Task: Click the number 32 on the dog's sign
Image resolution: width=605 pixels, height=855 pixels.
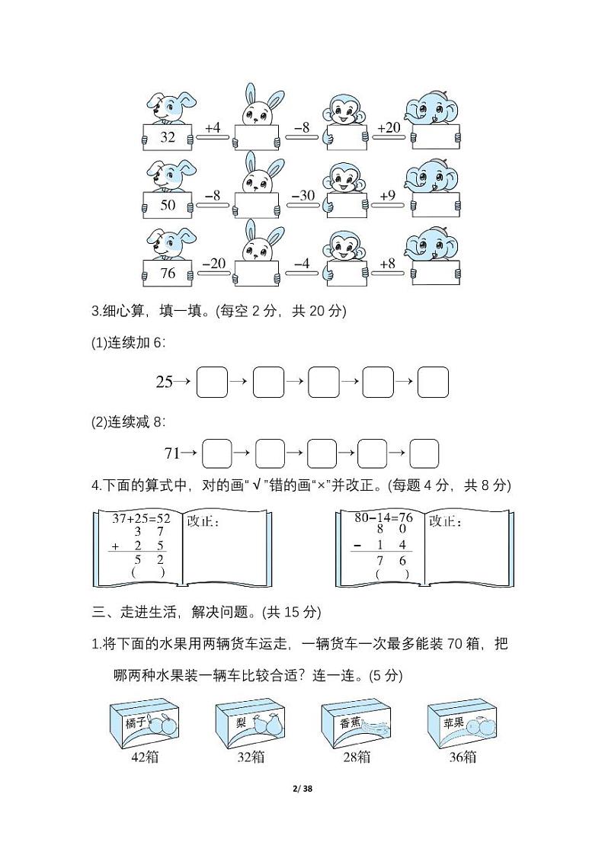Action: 168,137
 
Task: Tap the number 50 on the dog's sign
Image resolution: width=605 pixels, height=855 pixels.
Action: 168,205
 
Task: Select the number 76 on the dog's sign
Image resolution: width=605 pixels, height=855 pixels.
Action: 168,272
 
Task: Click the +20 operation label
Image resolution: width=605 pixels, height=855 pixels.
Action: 389,128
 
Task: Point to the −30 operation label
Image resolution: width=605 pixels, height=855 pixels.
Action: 302,196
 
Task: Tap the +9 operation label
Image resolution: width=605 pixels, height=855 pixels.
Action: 388,196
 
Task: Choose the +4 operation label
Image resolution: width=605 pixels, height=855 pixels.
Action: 213,128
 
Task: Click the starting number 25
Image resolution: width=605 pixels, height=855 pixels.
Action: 165,382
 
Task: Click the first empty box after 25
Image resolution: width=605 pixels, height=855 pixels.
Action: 212,382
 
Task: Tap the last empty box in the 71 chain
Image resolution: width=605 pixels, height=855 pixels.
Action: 424,453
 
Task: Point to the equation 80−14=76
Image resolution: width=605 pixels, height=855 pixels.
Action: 383,518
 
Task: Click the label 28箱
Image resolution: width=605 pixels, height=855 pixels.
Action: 355,757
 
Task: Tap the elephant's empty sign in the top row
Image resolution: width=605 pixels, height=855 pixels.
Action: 436,137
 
